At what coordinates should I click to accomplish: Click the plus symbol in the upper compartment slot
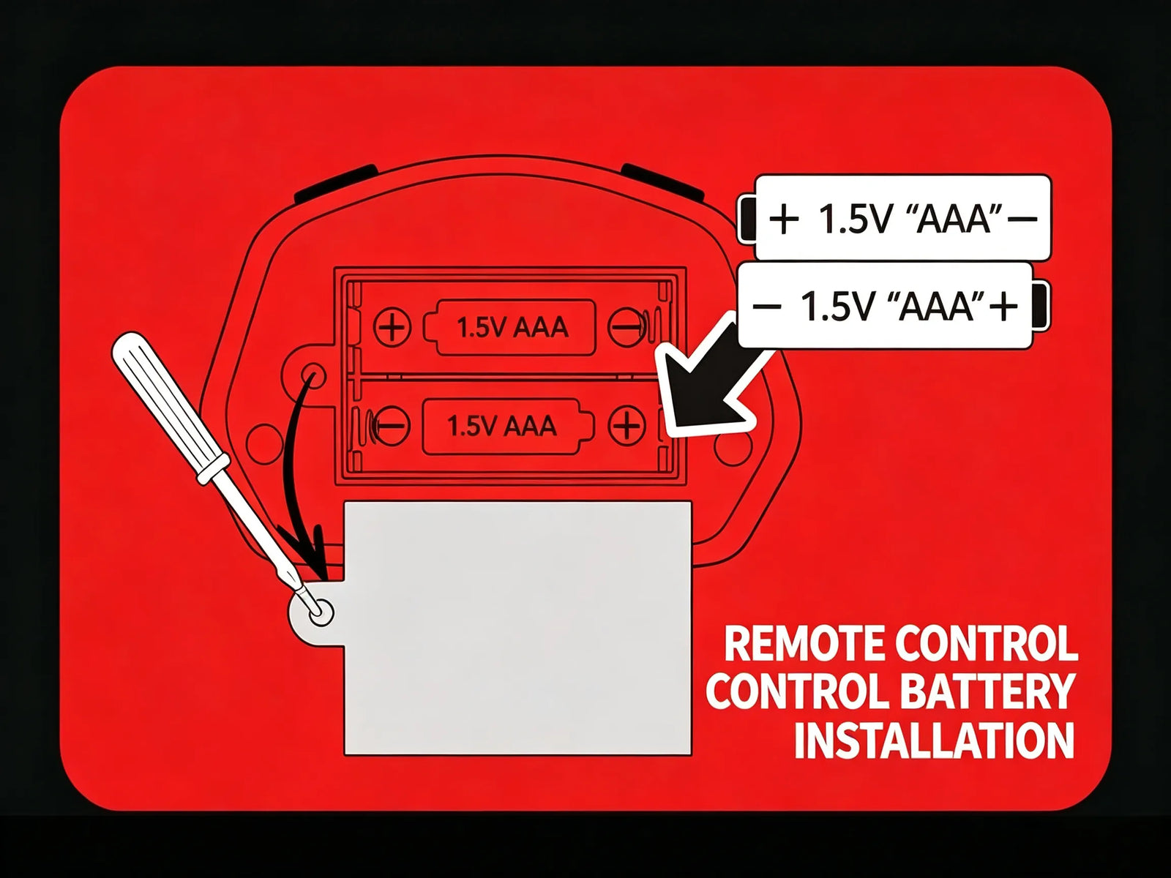pyautogui.click(x=392, y=327)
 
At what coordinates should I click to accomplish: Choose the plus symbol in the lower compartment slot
pyautogui.click(x=626, y=425)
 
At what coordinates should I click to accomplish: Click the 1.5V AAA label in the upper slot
pyautogui.click(x=512, y=328)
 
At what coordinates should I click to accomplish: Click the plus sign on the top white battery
pyautogui.click(x=785, y=219)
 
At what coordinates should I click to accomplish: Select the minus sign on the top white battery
pyautogui.click(x=1024, y=219)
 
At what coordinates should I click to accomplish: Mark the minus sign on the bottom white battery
pyautogui.click(x=766, y=306)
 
